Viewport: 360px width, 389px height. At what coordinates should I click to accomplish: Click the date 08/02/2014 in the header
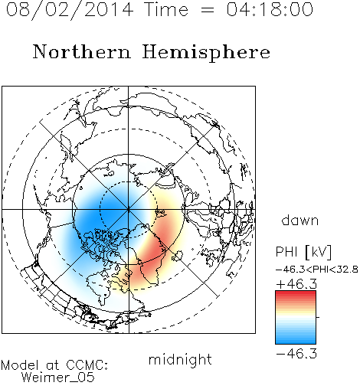coord(70,10)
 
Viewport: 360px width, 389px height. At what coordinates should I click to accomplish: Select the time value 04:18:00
coord(270,9)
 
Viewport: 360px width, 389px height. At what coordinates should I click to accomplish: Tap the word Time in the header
coord(166,9)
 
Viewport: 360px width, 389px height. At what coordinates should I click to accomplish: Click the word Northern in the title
coord(82,51)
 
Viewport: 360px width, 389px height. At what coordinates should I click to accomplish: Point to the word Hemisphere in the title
coord(206,53)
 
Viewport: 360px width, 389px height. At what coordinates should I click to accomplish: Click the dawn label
coord(300,220)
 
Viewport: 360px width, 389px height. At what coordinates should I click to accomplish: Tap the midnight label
coord(180,359)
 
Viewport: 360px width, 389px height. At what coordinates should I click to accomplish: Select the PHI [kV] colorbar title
coord(303,252)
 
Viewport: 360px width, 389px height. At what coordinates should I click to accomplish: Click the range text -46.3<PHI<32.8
coord(316,270)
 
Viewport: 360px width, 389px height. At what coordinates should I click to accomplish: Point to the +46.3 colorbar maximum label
coord(296,284)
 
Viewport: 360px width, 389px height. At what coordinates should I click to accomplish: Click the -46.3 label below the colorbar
coord(296,354)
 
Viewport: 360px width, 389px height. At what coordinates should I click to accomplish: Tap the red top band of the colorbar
coord(296,295)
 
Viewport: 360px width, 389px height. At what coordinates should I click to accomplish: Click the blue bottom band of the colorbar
coord(296,339)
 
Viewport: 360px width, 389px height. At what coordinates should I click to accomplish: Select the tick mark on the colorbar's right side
coord(318,317)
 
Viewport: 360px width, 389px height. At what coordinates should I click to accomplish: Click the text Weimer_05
coord(58,377)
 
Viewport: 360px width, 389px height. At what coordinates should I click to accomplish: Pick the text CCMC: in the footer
coord(87,364)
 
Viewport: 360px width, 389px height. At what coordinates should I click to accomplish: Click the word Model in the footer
coord(20,364)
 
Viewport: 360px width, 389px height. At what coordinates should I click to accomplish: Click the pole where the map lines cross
coord(129,209)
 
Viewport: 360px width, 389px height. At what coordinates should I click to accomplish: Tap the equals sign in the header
coord(208,10)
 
